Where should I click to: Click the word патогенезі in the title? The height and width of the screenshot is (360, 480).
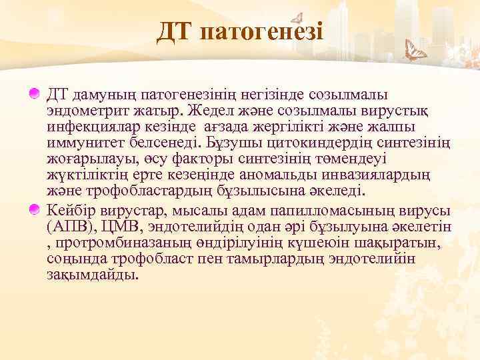261,32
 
